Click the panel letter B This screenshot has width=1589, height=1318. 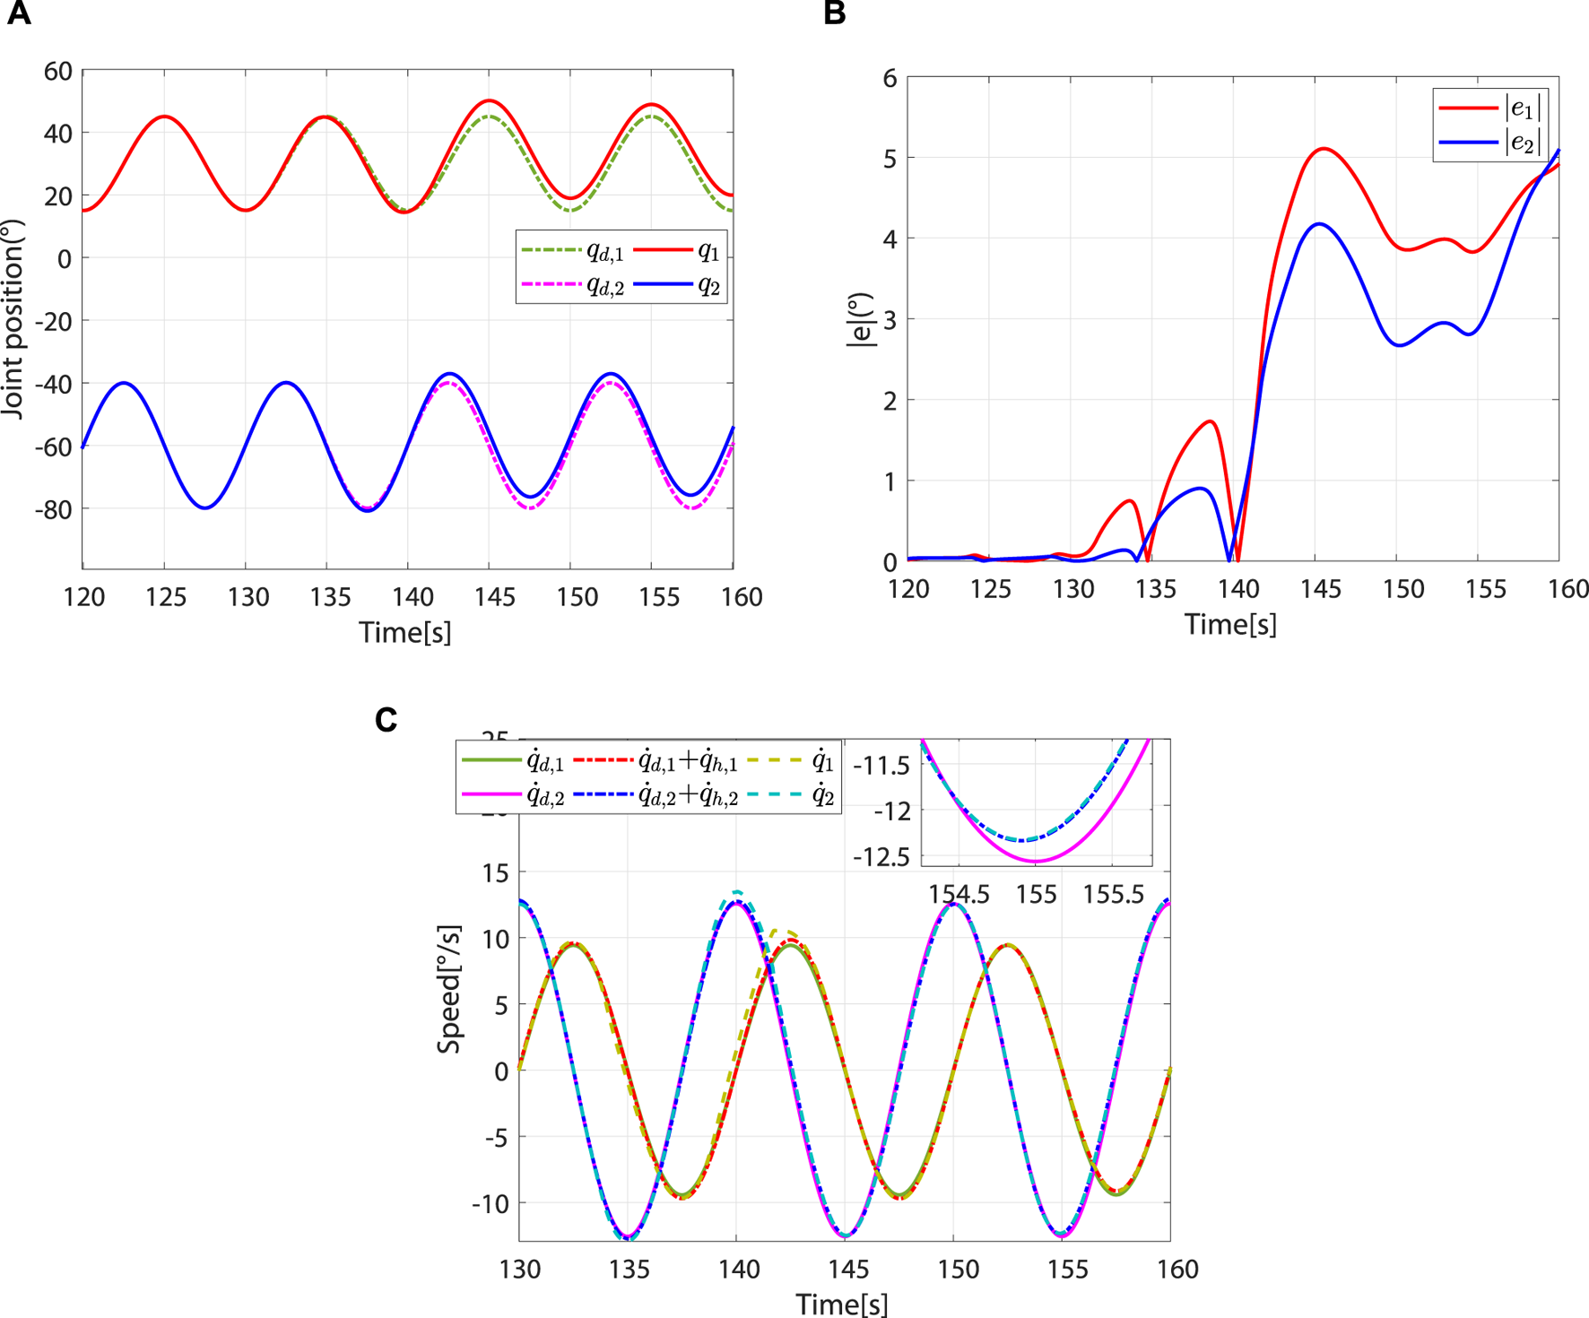(834, 13)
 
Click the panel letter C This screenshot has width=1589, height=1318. (386, 720)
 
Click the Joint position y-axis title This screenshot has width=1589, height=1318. (13, 318)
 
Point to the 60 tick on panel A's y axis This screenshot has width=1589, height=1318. (58, 71)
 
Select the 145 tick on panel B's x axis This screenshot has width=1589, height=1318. (1321, 589)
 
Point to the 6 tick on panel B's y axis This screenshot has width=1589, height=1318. (890, 79)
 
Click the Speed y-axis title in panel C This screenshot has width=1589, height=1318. (449, 989)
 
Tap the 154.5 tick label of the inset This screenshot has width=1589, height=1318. (959, 895)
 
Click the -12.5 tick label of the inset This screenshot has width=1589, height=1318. (881, 857)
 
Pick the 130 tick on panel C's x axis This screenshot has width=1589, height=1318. (520, 1270)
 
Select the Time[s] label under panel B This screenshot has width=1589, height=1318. (1230, 625)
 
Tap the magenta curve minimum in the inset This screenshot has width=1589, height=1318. (1036, 861)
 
